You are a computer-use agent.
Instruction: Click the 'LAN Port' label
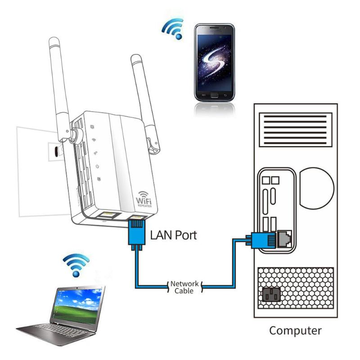(x=173, y=234)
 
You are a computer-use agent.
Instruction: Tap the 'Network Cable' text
(x=184, y=287)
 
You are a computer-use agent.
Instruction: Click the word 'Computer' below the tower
(x=296, y=331)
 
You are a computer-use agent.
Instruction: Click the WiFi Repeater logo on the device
(x=144, y=198)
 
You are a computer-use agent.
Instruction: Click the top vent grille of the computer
(x=295, y=127)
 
